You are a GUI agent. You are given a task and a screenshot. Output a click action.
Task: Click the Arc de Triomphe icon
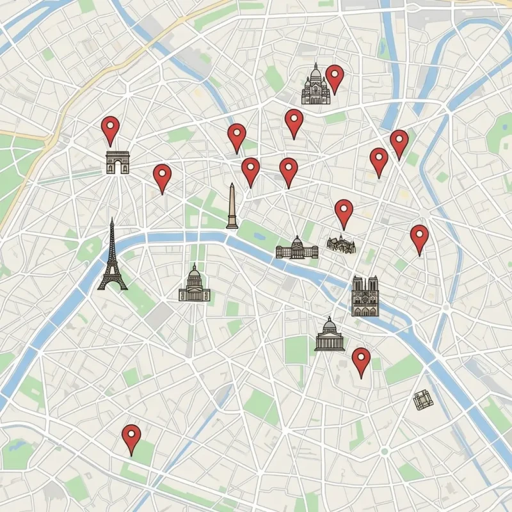pyautogui.click(x=118, y=163)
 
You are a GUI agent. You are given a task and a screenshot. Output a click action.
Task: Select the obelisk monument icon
pyautogui.click(x=232, y=206)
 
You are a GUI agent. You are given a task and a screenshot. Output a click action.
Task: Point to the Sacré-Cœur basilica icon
pyautogui.click(x=315, y=86)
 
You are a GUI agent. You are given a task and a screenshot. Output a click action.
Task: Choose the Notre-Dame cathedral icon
pyautogui.click(x=365, y=296)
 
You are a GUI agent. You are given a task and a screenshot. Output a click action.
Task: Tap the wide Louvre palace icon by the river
pyautogui.click(x=297, y=248)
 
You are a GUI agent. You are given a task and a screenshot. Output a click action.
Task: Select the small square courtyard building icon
pyautogui.click(x=422, y=401)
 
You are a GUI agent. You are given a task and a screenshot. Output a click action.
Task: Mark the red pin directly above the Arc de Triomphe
pyautogui.click(x=111, y=129)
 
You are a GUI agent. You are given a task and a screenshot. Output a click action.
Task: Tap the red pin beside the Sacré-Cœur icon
pyautogui.click(x=334, y=77)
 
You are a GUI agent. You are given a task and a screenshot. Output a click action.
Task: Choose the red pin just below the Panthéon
pyautogui.click(x=361, y=361)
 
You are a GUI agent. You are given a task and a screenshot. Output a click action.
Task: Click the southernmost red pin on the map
pyautogui.click(x=131, y=438)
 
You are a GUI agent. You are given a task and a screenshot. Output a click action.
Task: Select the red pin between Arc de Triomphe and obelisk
pyautogui.click(x=162, y=177)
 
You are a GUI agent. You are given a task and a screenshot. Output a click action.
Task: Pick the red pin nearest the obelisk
pyautogui.click(x=250, y=170)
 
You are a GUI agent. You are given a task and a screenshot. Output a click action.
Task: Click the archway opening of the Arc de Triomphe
pyautogui.click(x=118, y=168)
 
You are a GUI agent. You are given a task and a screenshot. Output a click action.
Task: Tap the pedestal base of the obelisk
pyautogui.click(x=232, y=224)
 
